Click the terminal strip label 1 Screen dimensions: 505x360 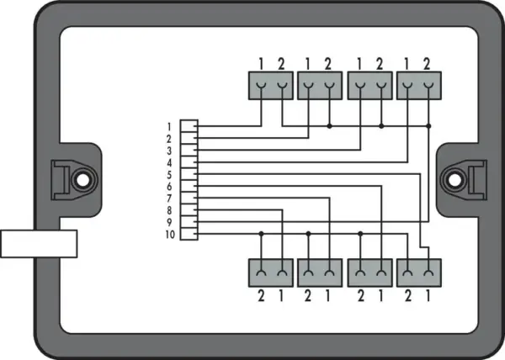169,127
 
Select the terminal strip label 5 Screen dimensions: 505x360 169,175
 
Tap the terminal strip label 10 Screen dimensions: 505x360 170,235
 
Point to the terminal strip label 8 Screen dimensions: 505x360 169,210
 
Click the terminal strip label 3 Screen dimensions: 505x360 169,151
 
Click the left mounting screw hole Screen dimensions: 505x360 82,180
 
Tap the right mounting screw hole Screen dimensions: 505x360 454,180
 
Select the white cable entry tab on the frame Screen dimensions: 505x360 39,244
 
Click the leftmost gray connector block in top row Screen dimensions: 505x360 271,86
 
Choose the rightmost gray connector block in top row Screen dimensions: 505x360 419,86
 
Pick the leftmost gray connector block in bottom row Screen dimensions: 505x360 271,273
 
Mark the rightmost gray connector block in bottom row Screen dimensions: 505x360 419,273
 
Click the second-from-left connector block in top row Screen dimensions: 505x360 320,86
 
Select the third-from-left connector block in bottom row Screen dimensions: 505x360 370,273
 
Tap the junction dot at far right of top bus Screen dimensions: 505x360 428,126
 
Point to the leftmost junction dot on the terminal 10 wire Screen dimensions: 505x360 261,234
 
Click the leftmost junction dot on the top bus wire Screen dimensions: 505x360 329,126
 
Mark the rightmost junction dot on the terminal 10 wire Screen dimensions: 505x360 360,234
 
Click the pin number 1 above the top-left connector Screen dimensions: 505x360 261,64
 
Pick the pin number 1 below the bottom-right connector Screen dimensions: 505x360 428,296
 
